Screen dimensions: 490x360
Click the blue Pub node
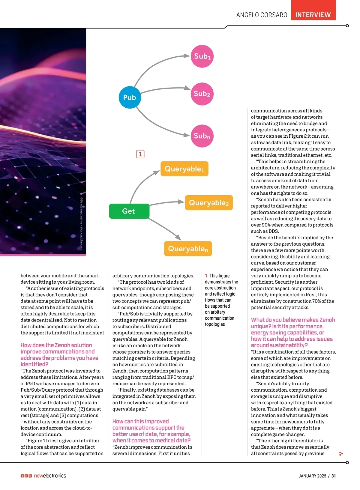point(130,97)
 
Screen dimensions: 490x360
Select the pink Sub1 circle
point(202,56)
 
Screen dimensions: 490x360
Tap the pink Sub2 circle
point(202,94)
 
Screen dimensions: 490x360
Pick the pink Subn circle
point(202,136)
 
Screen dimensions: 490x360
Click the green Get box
point(129,211)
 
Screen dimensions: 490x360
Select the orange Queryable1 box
point(184,169)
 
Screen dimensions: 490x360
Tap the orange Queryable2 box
point(209,203)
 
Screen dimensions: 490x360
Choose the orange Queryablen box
point(188,249)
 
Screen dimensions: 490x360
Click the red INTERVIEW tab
point(313,15)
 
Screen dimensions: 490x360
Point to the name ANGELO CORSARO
point(262,15)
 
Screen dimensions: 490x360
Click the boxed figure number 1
point(140,154)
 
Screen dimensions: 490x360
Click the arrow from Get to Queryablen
point(165,229)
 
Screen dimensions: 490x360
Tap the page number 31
point(334,476)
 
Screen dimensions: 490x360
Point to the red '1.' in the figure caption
point(207,276)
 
